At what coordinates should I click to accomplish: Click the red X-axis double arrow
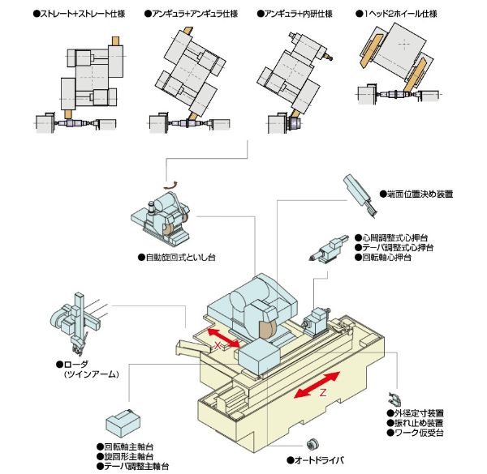tap(224, 338)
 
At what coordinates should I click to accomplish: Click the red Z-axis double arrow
tap(317, 384)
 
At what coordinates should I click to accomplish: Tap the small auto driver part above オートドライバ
tap(312, 444)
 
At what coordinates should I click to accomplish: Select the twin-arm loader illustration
tap(78, 323)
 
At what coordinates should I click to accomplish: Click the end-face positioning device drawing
tap(360, 195)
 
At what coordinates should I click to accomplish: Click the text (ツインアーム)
tap(92, 374)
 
